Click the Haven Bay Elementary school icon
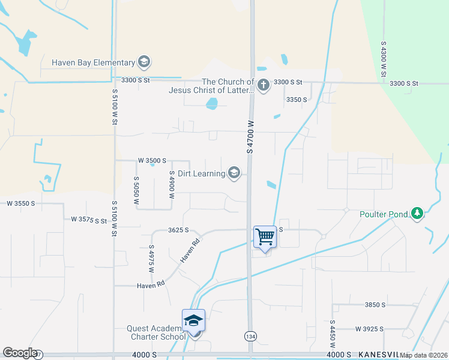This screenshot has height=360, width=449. (x=143, y=62)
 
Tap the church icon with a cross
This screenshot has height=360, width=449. (x=263, y=86)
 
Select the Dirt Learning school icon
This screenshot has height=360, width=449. (x=234, y=174)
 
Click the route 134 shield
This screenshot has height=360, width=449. (x=250, y=336)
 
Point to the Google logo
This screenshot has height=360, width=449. (x=20, y=353)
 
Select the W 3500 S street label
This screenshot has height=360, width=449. (x=151, y=161)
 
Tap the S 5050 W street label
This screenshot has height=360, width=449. (x=136, y=191)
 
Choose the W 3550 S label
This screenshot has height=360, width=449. (x=21, y=203)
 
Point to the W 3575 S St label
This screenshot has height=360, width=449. (x=88, y=220)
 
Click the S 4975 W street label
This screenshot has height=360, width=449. (x=151, y=259)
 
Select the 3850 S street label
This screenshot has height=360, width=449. (x=375, y=305)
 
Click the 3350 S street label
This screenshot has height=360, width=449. (x=297, y=100)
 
